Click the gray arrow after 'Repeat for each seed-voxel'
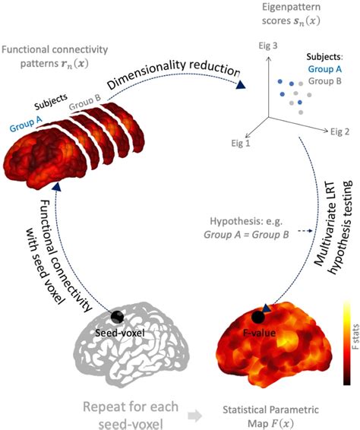coord(194,405)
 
